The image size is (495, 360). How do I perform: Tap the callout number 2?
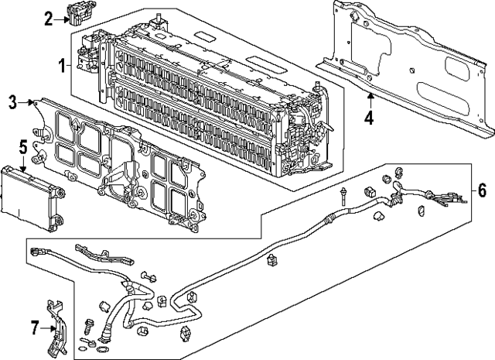click(48, 19)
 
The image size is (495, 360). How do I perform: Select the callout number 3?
click(13, 101)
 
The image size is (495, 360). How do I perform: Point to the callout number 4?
click(369, 118)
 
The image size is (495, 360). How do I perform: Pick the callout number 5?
click(23, 145)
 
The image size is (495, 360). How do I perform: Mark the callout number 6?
click(481, 189)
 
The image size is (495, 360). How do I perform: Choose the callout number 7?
click(33, 329)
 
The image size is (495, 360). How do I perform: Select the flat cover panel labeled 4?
click(402, 66)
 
